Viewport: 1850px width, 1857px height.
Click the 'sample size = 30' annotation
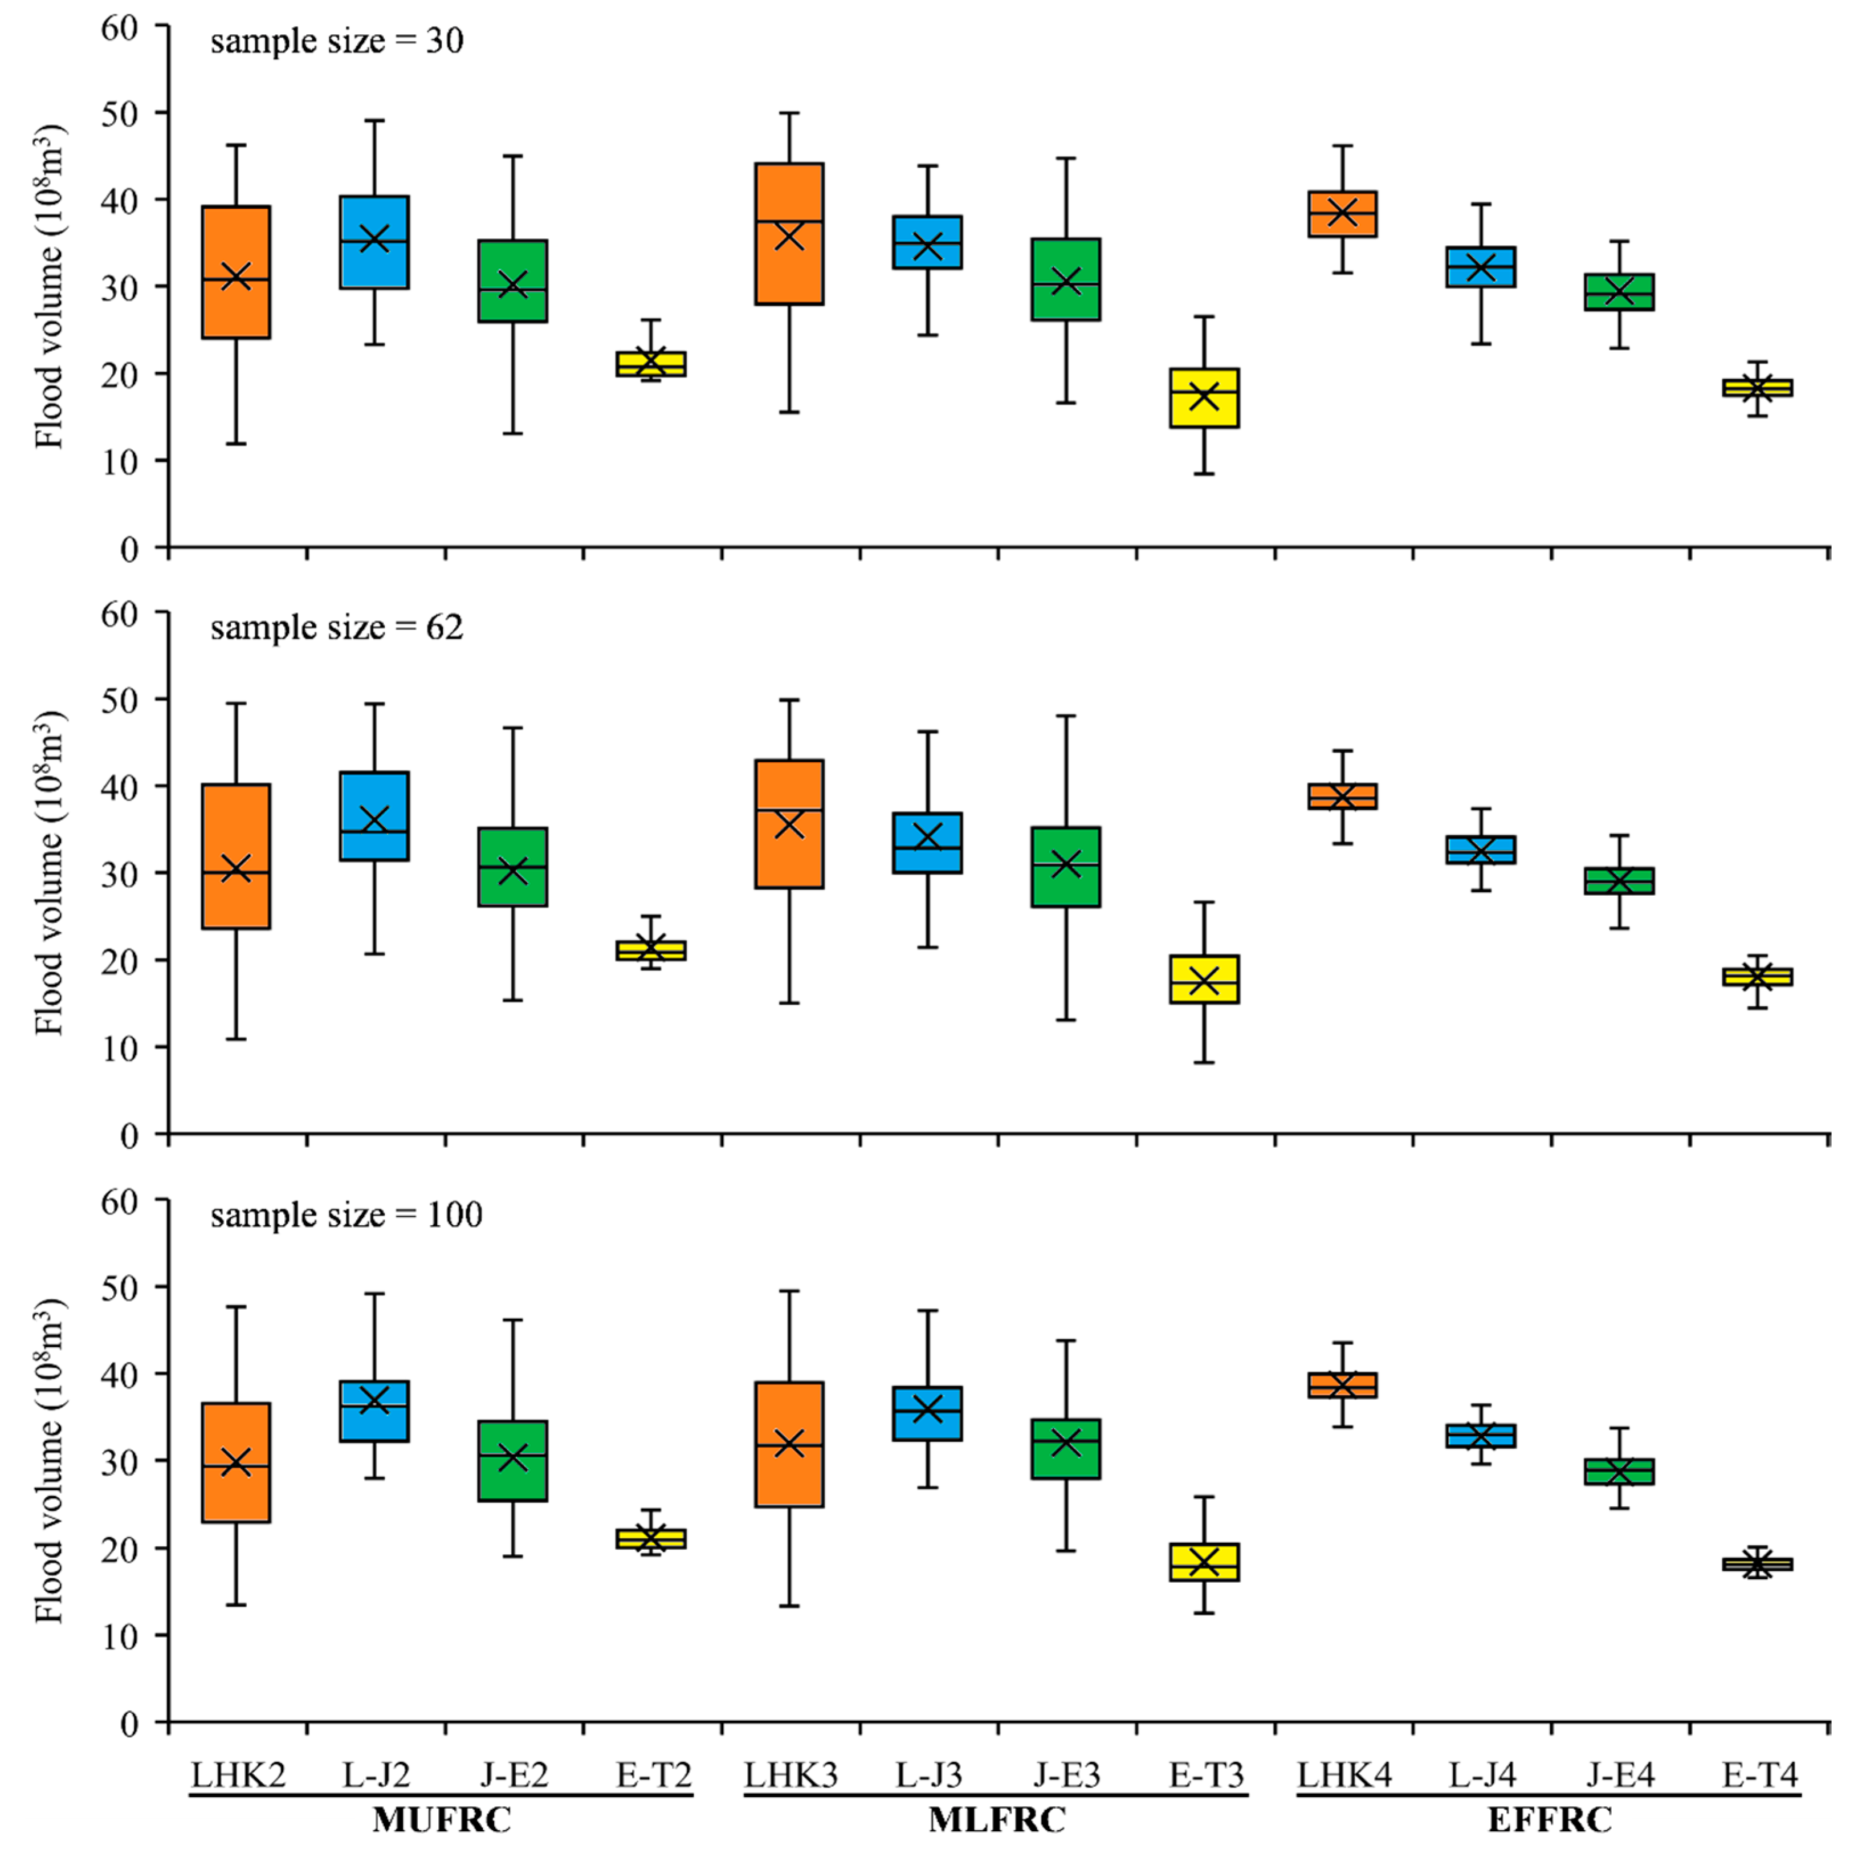click(x=336, y=41)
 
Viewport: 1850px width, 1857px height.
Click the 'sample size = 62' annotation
click(x=336, y=628)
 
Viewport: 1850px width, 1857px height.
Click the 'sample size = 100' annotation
click(x=346, y=1215)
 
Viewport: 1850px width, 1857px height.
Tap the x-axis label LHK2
click(x=237, y=1775)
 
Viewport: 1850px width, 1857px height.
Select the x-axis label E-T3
click(x=1205, y=1775)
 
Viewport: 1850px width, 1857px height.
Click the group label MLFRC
click(x=997, y=1821)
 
